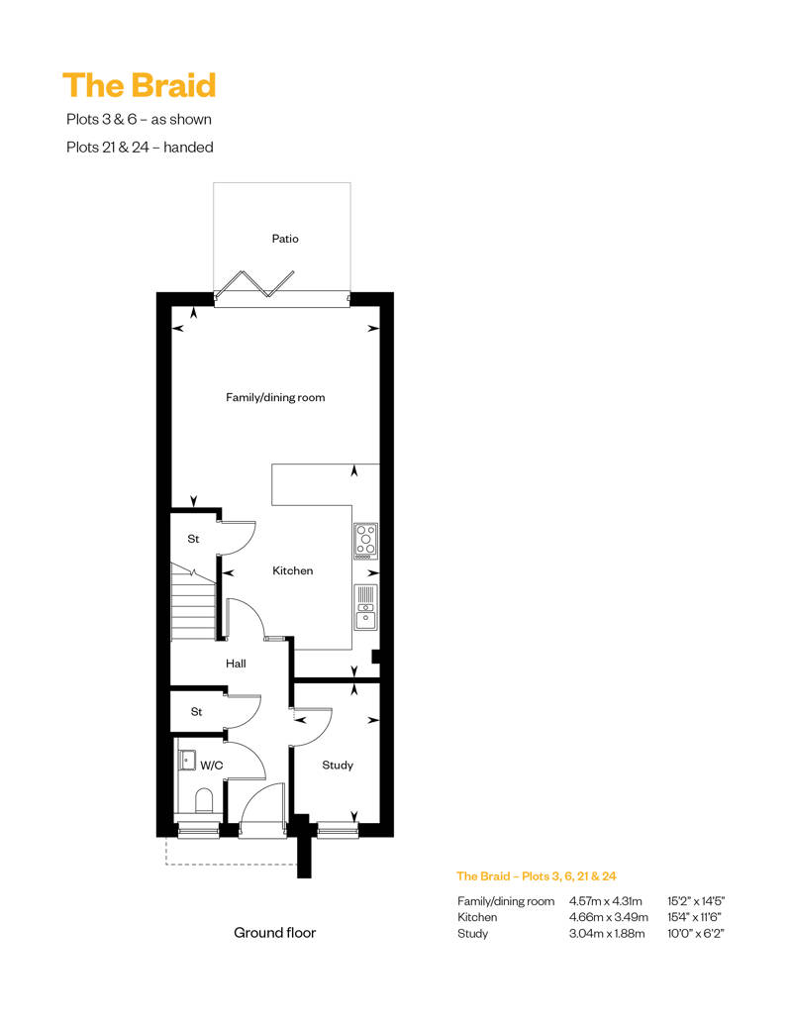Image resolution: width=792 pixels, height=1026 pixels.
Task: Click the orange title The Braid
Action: pyautogui.click(x=140, y=86)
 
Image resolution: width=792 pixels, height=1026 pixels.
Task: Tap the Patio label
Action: pyautogui.click(x=285, y=239)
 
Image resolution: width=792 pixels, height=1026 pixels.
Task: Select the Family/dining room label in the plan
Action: pyautogui.click(x=275, y=397)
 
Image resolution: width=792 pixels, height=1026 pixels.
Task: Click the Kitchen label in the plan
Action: pyautogui.click(x=292, y=570)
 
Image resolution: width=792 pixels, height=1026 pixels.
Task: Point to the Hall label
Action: pyautogui.click(x=236, y=664)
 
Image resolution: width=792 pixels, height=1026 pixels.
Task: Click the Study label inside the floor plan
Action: pyautogui.click(x=338, y=765)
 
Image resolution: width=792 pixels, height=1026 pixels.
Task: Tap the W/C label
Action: pyautogui.click(x=211, y=765)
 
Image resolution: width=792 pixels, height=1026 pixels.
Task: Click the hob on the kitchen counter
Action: pyautogui.click(x=366, y=541)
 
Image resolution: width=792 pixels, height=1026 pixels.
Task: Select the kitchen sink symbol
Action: pyautogui.click(x=366, y=607)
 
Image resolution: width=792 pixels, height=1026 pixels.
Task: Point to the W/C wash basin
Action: pyautogui.click(x=188, y=761)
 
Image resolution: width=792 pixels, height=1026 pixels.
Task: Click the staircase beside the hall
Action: pyautogui.click(x=194, y=602)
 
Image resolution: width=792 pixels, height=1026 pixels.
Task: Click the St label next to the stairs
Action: pyautogui.click(x=193, y=539)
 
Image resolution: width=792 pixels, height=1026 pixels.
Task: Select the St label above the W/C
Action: pyautogui.click(x=196, y=711)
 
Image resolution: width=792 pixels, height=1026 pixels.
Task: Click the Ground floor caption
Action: pyautogui.click(x=274, y=933)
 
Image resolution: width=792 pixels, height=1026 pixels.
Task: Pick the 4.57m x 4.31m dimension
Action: pyautogui.click(x=606, y=901)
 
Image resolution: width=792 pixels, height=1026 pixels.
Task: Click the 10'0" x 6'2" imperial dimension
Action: pyautogui.click(x=696, y=934)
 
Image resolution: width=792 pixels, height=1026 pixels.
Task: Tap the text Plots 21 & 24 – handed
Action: pyautogui.click(x=140, y=148)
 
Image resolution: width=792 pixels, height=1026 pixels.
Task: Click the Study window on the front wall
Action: pyautogui.click(x=339, y=830)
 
